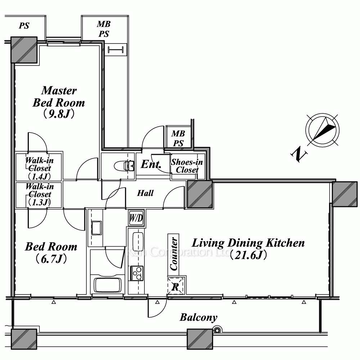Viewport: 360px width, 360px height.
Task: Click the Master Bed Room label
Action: tap(59, 96)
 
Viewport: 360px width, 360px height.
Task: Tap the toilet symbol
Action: tap(124, 166)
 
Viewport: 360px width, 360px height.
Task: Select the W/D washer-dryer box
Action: tap(136, 218)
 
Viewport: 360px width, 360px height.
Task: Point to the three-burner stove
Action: tap(136, 273)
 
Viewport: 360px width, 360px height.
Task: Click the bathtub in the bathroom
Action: tap(108, 285)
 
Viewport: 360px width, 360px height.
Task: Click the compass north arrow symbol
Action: tap(323, 130)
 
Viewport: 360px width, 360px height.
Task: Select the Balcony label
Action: tap(198, 318)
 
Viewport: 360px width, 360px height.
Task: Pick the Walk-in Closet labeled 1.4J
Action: tap(39, 168)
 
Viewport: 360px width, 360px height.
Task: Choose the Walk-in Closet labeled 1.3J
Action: tap(39, 194)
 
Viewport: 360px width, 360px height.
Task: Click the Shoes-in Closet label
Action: tap(187, 166)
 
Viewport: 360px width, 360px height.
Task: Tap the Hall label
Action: tap(145, 193)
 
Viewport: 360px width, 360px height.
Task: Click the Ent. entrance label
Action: tap(151, 164)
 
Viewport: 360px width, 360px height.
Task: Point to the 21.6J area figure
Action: tap(248, 255)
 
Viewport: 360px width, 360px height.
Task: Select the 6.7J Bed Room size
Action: tap(51, 259)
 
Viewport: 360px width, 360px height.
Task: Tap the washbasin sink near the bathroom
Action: tap(96, 228)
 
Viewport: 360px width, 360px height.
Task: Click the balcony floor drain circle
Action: tap(217, 330)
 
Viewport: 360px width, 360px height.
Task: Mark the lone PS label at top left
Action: tap(24, 26)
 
